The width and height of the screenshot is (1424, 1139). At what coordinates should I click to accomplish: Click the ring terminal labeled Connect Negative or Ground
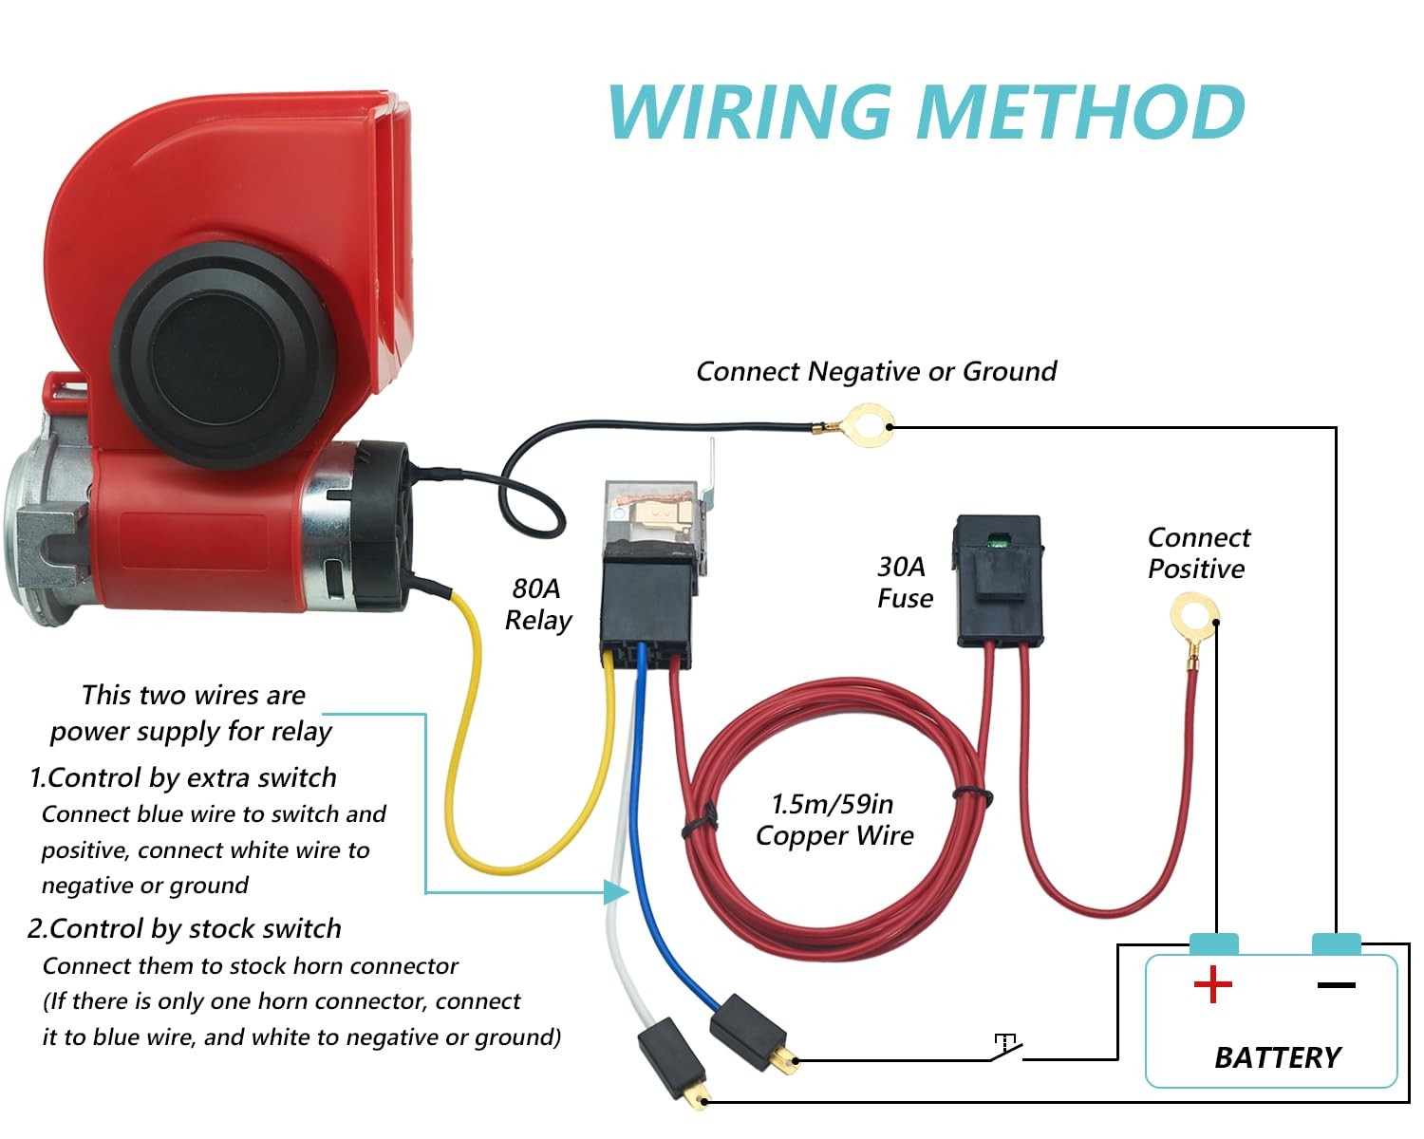[x=866, y=426]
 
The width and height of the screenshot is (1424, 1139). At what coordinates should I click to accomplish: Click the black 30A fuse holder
[x=998, y=581]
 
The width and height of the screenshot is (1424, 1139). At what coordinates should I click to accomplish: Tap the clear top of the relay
[x=651, y=513]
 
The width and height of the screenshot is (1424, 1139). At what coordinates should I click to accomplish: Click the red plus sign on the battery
[x=1213, y=984]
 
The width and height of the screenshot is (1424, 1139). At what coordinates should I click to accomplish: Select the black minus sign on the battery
[x=1336, y=985]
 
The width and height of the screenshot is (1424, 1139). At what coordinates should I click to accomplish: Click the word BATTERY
[x=1278, y=1057]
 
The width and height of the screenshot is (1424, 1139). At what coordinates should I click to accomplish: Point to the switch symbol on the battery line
[x=1005, y=1047]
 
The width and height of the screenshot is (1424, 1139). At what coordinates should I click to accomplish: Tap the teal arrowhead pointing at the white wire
[x=616, y=891]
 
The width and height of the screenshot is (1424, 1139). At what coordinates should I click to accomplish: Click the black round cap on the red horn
[x=224, y=355]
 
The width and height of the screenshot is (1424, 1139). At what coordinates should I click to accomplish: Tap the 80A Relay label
[x=538, y=605]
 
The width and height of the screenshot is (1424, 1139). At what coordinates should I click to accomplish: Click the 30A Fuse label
[x=905, y=583]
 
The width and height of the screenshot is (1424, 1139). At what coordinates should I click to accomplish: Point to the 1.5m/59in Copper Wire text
[x=834, y=819]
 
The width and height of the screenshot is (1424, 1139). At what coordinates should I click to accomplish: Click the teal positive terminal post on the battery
[x=1213, y=943]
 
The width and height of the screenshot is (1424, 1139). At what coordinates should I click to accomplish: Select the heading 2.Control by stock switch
[x=184, y=928]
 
